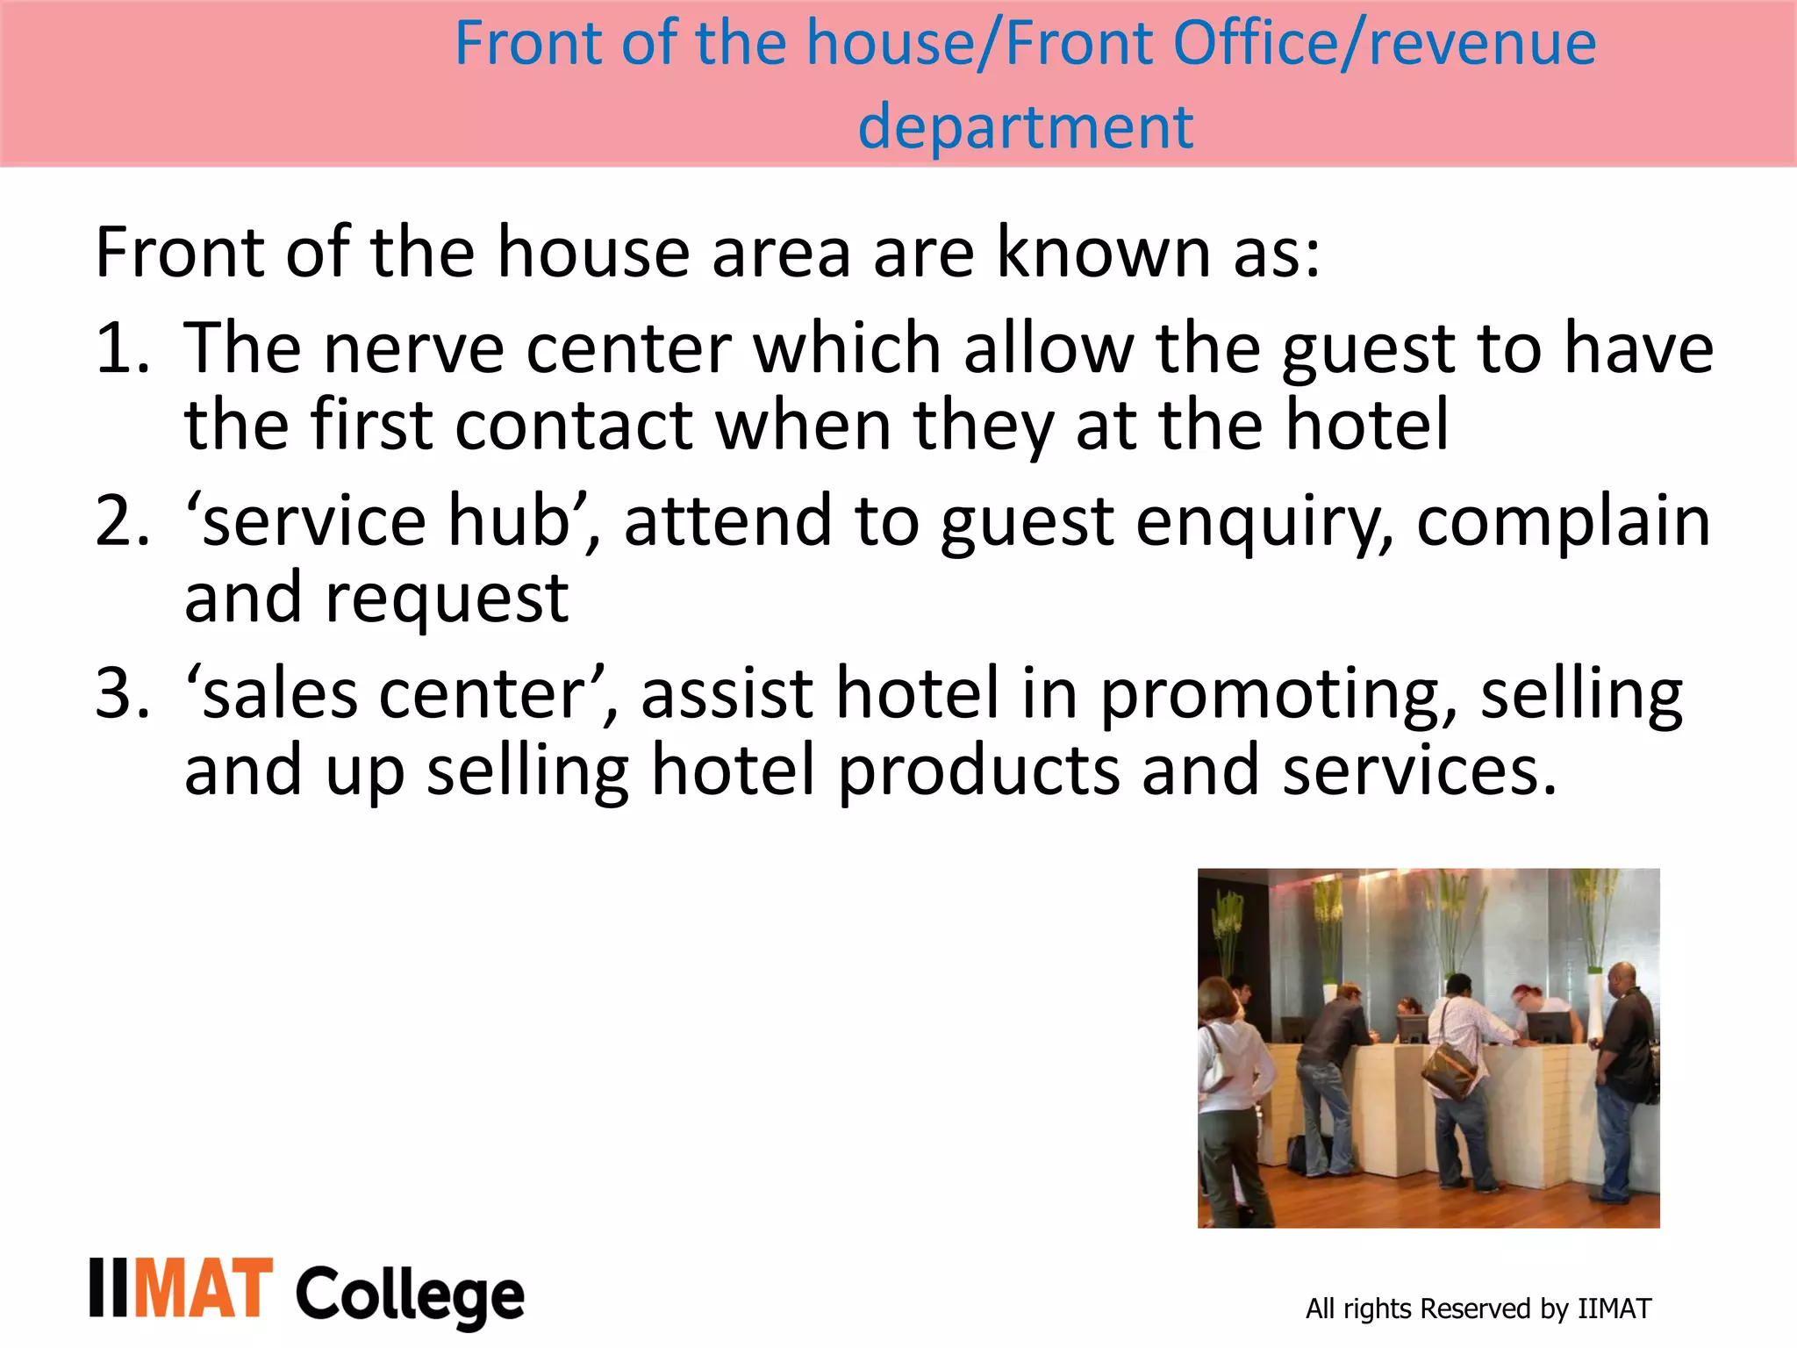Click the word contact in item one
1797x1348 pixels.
coord(575,426)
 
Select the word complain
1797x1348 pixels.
coord(1563,522)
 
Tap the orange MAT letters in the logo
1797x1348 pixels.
coord(204,1288)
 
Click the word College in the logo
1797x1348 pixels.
coord(410,1295)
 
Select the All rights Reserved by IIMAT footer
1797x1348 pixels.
coord(1478,1309)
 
